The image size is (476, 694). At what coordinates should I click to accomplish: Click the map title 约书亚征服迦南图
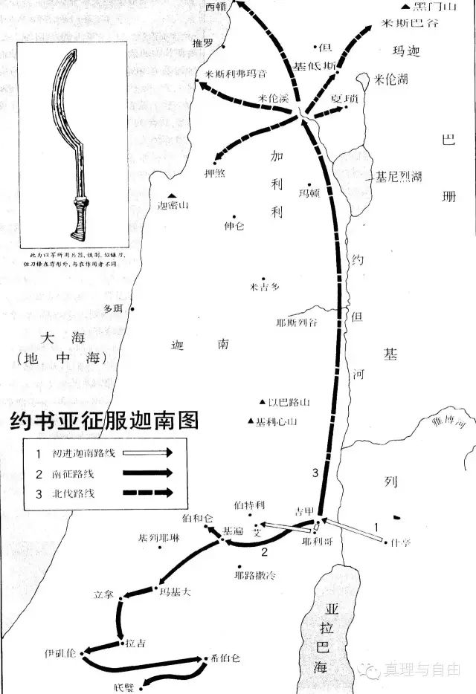[x=105, y=421]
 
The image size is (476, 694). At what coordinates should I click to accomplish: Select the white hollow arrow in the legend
[x=149, y=452]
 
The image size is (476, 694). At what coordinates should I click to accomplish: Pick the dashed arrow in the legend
[x=149, y=492]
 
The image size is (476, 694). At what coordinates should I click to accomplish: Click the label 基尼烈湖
[x=399, y=177]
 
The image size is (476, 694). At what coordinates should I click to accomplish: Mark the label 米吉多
[x=264, y=285]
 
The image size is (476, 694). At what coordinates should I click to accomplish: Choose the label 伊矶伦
[x=60, y=654]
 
